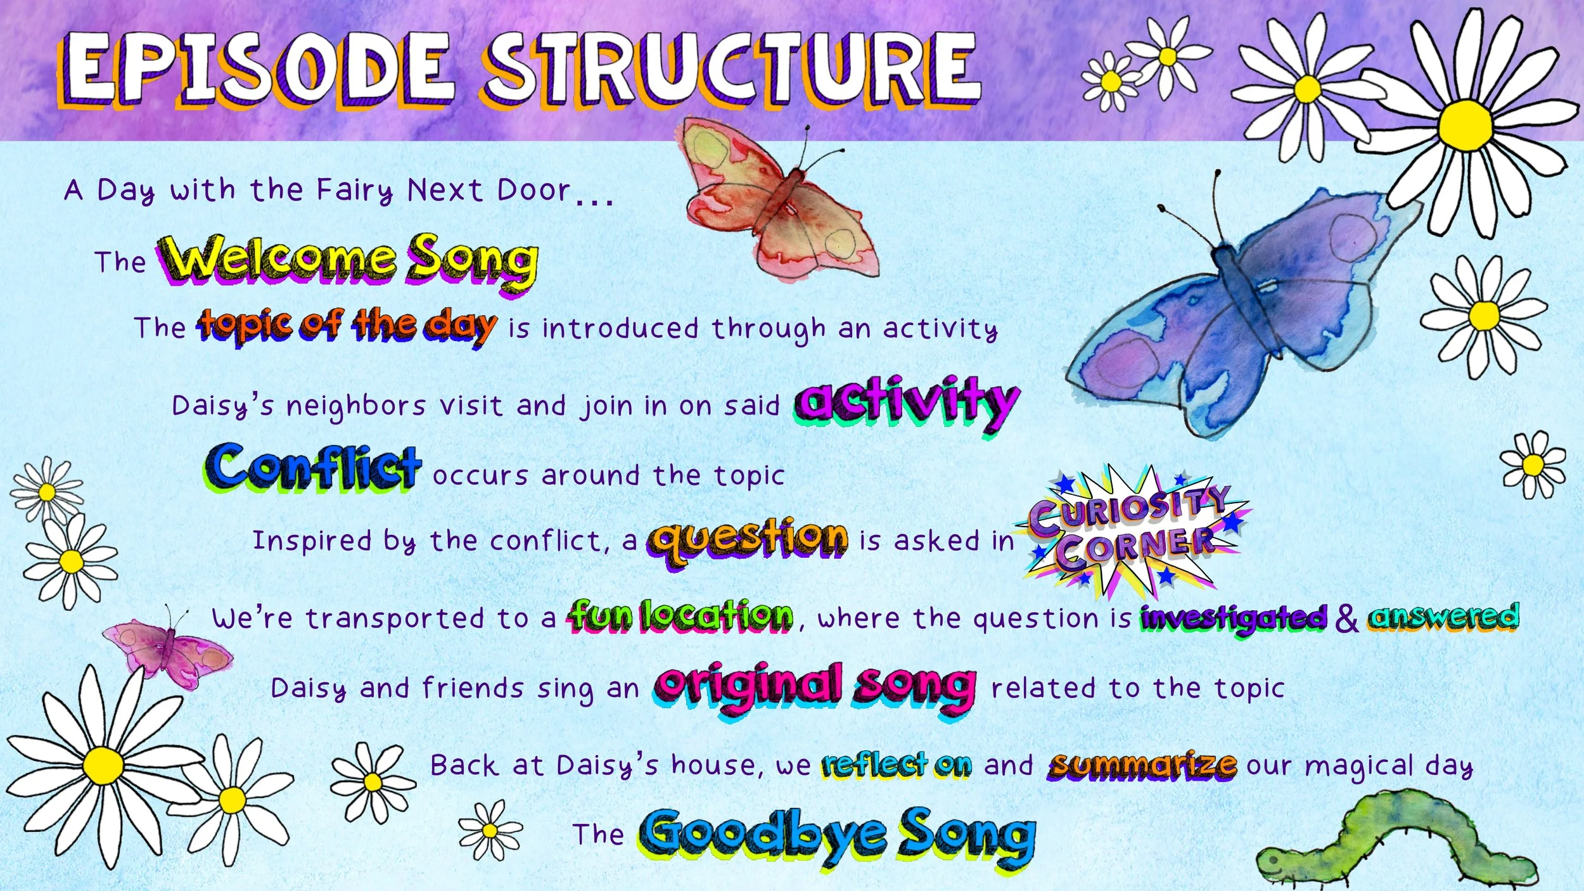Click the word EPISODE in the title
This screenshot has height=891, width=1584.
click(x=257, y=68)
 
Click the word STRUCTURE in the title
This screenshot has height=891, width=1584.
click(x=732, y=68)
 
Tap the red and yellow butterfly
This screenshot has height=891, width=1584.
click(x=782, y=200)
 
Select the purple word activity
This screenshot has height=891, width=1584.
click(x=906, y=402)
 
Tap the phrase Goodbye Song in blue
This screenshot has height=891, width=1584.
click(x=836, y=835)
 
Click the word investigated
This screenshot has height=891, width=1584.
click(x=1232, y=618)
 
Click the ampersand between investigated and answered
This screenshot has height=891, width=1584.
click(x=1346, y=618)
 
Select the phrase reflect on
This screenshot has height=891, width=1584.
click(x=897, y=765)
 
